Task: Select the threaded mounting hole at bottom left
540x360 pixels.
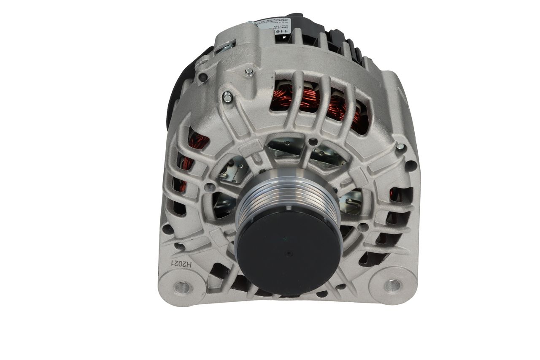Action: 183,287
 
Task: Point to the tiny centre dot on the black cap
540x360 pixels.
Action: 288,254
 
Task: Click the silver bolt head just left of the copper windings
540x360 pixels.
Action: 227,98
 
